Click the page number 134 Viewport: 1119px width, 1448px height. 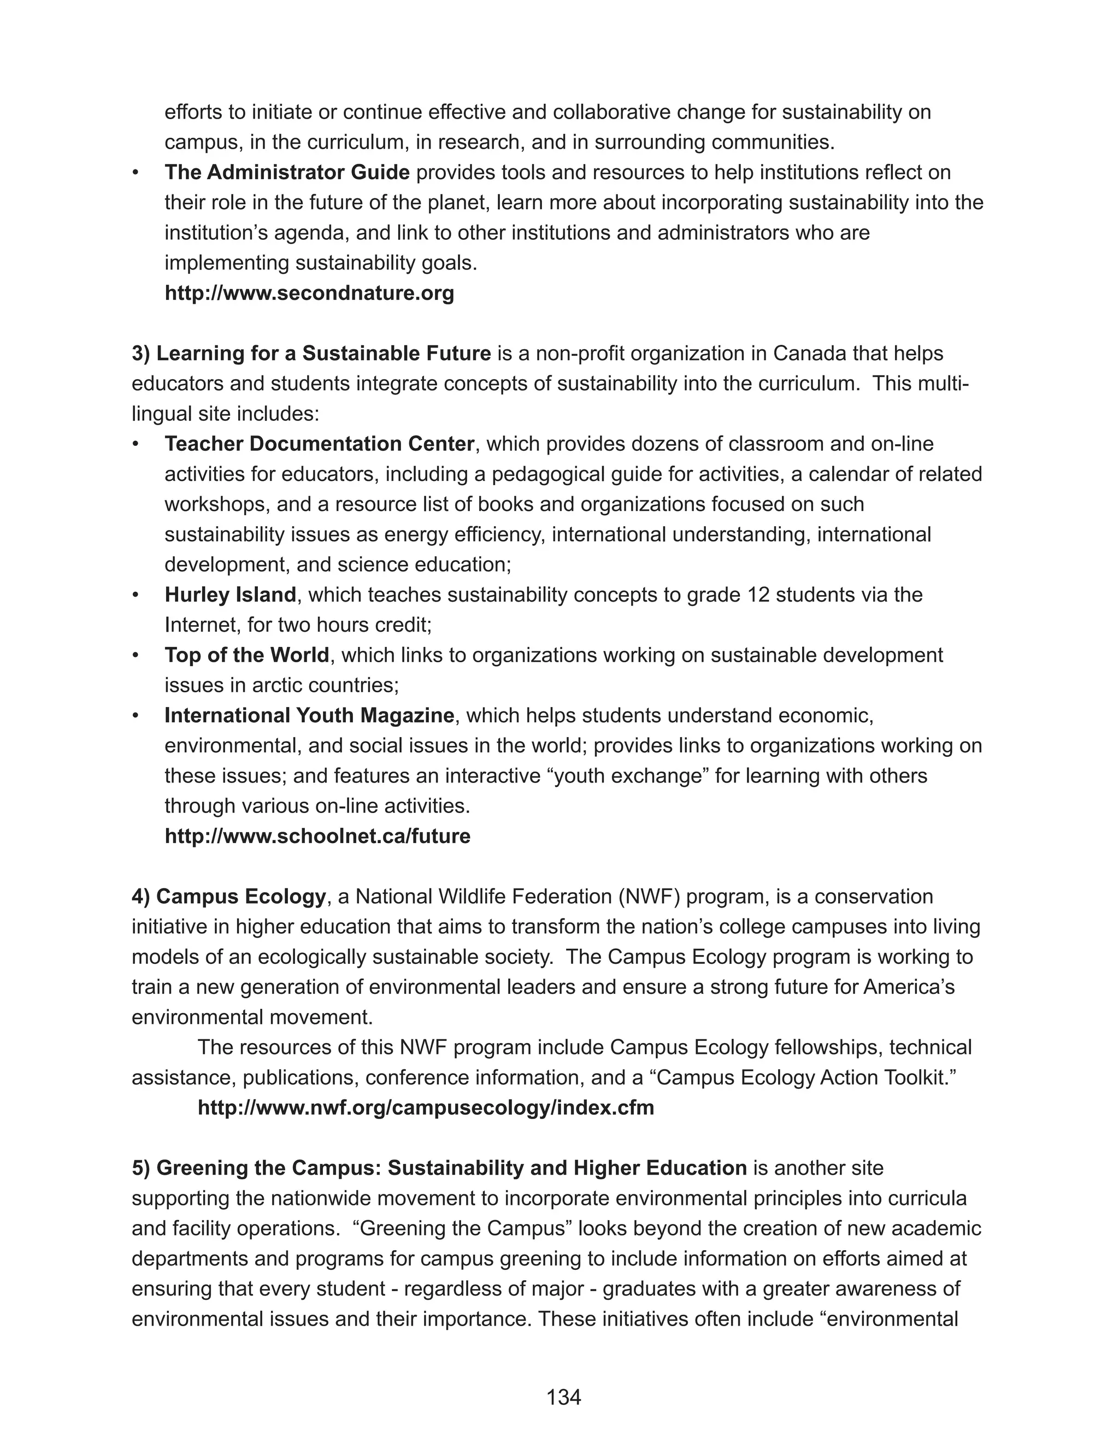click(563, 1397)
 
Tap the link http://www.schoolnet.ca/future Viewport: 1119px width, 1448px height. click(317, 836)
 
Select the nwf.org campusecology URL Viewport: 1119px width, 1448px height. click(426, 1107)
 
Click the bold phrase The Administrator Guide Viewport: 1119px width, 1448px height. click(287, 172)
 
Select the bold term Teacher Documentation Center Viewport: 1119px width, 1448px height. click(320, 444)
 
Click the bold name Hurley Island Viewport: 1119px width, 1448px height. click(230, 594)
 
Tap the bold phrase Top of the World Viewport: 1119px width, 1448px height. click(246, 655)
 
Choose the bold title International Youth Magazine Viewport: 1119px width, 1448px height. click(309, 715)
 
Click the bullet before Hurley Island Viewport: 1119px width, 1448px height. click(136, 594)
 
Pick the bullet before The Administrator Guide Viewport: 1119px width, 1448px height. click(136, 172)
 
